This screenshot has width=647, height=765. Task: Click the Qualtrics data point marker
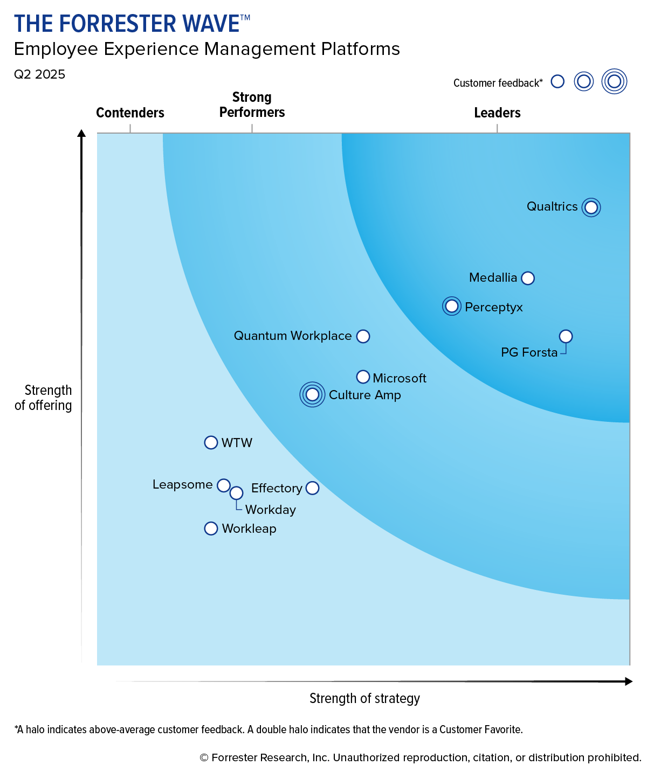tap(591, 207)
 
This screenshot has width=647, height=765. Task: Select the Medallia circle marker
tap(528, 278)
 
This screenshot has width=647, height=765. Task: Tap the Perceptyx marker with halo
tap(452, 307)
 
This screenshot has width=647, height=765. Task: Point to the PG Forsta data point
tap(566, 336)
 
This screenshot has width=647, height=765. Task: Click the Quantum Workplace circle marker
tap(363, 336)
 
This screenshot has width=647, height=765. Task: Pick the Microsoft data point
tap(363, 377)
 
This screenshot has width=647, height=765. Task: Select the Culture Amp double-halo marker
tap(312, 394)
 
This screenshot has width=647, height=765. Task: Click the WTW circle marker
tap(211, 442)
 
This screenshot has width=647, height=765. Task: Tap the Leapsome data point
tap(224, 485)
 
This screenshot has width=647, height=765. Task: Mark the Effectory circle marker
tap(312, 488)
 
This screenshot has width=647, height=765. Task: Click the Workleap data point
tap(211, 528)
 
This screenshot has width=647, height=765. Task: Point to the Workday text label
tap(271, 510)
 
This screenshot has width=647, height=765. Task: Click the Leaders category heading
tap(497, 113)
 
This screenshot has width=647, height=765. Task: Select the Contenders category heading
tap(130, 113)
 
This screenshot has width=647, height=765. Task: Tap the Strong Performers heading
tap(252, 105)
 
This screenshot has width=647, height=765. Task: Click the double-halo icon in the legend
tap(614, 81)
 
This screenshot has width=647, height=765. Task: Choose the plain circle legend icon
tap(557, 81)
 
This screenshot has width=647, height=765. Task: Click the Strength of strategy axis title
tap(364, 698)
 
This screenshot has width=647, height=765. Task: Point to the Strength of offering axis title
tap(44, 398)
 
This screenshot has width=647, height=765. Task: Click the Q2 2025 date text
tap(39, 74)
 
